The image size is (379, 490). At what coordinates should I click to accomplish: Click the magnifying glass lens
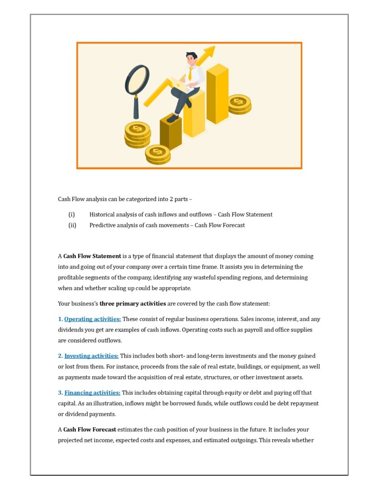[137, 80]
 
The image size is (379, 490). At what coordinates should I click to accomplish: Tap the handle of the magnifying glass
[136, 108]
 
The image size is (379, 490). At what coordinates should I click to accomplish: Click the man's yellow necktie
[191, 74]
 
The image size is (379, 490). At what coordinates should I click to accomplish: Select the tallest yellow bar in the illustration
[217, 93]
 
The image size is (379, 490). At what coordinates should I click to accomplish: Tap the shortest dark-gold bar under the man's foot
[171, 132]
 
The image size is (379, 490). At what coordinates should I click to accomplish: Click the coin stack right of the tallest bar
[240, 104]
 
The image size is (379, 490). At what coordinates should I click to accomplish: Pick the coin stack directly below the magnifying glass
[138, 134]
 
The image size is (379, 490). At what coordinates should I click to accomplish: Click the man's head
[192, 58]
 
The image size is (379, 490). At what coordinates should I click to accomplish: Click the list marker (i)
[71, 214]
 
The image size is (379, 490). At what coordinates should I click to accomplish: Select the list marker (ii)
[72, 225]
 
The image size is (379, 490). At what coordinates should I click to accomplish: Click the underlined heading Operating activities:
[92, 319]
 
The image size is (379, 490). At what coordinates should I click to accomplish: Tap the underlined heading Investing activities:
[92, 356]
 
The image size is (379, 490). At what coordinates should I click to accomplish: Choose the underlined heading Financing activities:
[92, 393]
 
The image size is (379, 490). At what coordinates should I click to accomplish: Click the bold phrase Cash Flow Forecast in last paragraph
[90, 430]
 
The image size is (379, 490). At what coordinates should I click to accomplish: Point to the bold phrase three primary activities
[133, 303]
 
